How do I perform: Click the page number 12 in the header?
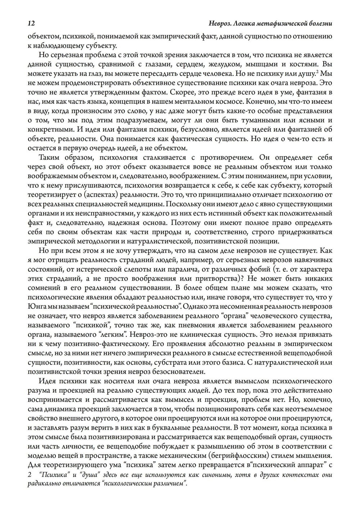(x=31, y=23)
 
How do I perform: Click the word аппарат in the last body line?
(x=312, y=464)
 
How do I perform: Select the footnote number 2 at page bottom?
(x=30, y=475)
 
